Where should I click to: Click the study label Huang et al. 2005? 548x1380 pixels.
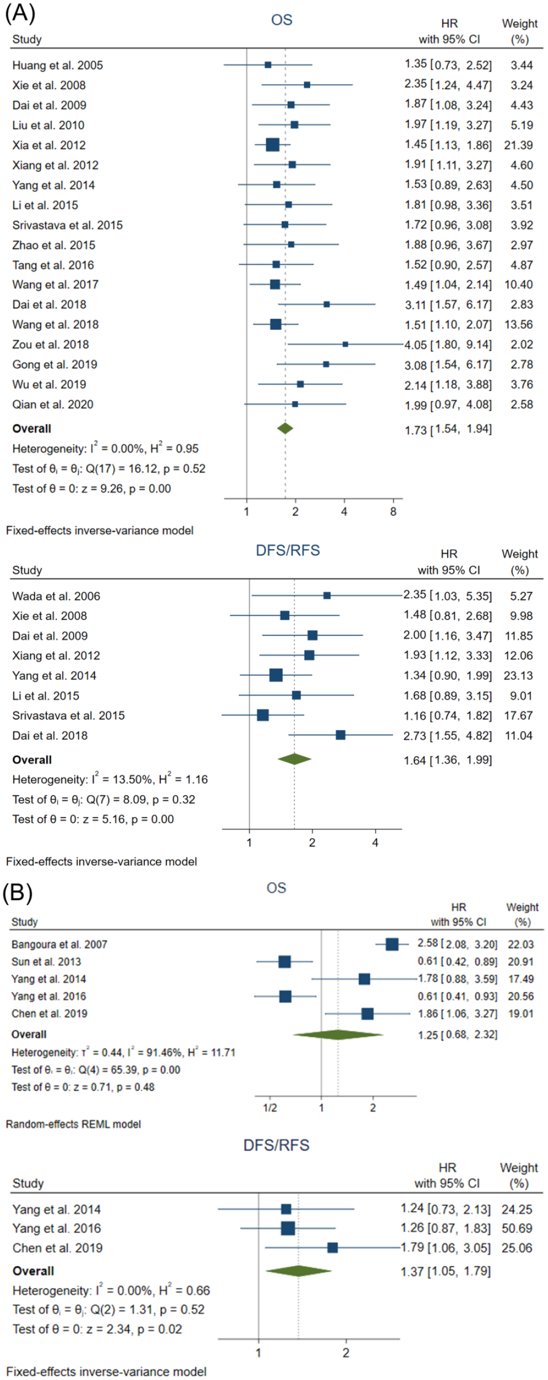point(57,65)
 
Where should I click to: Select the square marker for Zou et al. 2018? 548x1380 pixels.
point(345,344)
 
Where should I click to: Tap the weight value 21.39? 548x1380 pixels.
point(518,145)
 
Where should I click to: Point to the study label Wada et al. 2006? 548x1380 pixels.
point(56,596)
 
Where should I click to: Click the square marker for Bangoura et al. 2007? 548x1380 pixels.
point(392,944)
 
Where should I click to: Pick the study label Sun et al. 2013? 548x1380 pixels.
point(46,961)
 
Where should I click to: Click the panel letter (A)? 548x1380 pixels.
point(20,12)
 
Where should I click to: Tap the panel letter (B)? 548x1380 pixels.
point(18,892)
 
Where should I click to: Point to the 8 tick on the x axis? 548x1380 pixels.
point(393,512)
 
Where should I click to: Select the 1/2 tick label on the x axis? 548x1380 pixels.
point(270,1107)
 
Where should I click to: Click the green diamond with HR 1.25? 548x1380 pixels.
point(338,1034)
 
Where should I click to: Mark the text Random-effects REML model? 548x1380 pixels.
point(74,1124)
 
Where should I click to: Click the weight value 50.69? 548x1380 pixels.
point(517,1228)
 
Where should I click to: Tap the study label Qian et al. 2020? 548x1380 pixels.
point(53,404)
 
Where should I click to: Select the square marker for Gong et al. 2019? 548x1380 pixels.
point(326,365)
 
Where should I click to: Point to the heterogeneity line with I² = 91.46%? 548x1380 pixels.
point(123,1052)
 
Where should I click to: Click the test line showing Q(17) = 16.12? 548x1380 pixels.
point(109,469)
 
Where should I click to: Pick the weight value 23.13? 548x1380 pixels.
point(518,676)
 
